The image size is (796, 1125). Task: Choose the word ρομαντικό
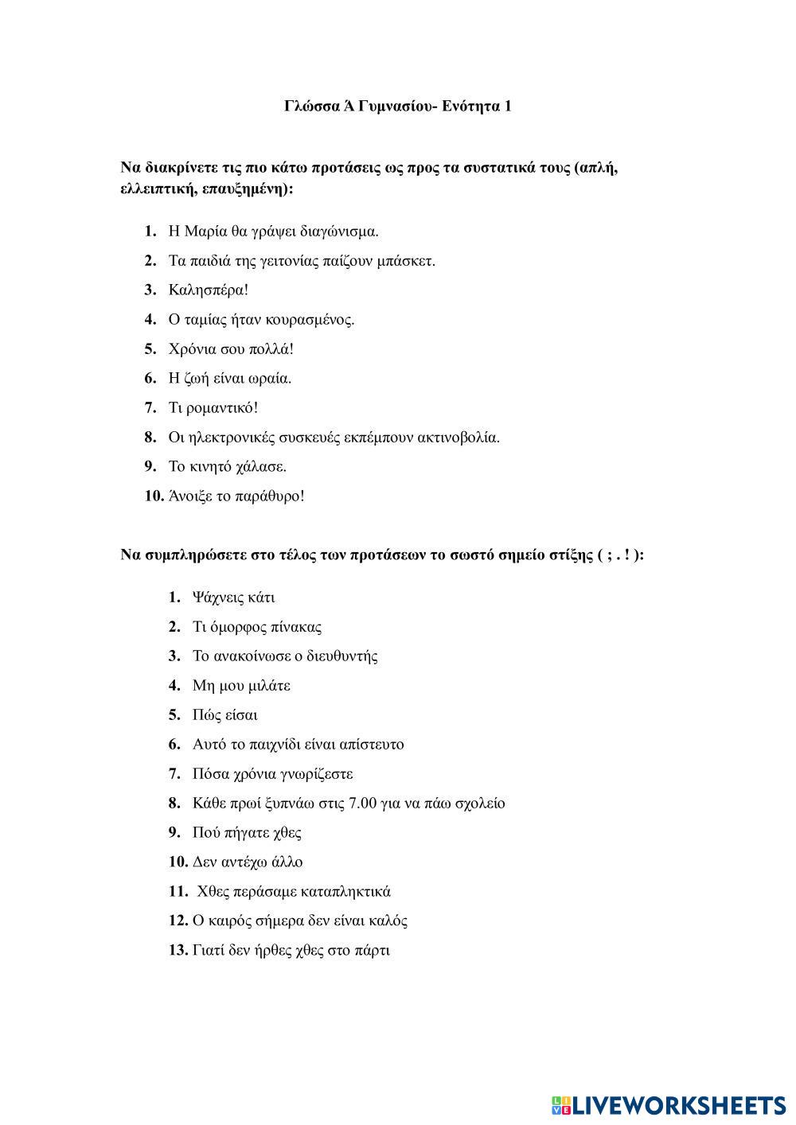point(224,408)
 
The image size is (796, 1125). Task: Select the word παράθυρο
point(271,496)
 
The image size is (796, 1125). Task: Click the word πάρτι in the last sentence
point(372,951)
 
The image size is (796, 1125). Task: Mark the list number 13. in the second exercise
point(178,951)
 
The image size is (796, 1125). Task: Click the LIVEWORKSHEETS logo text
point(677,1105)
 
